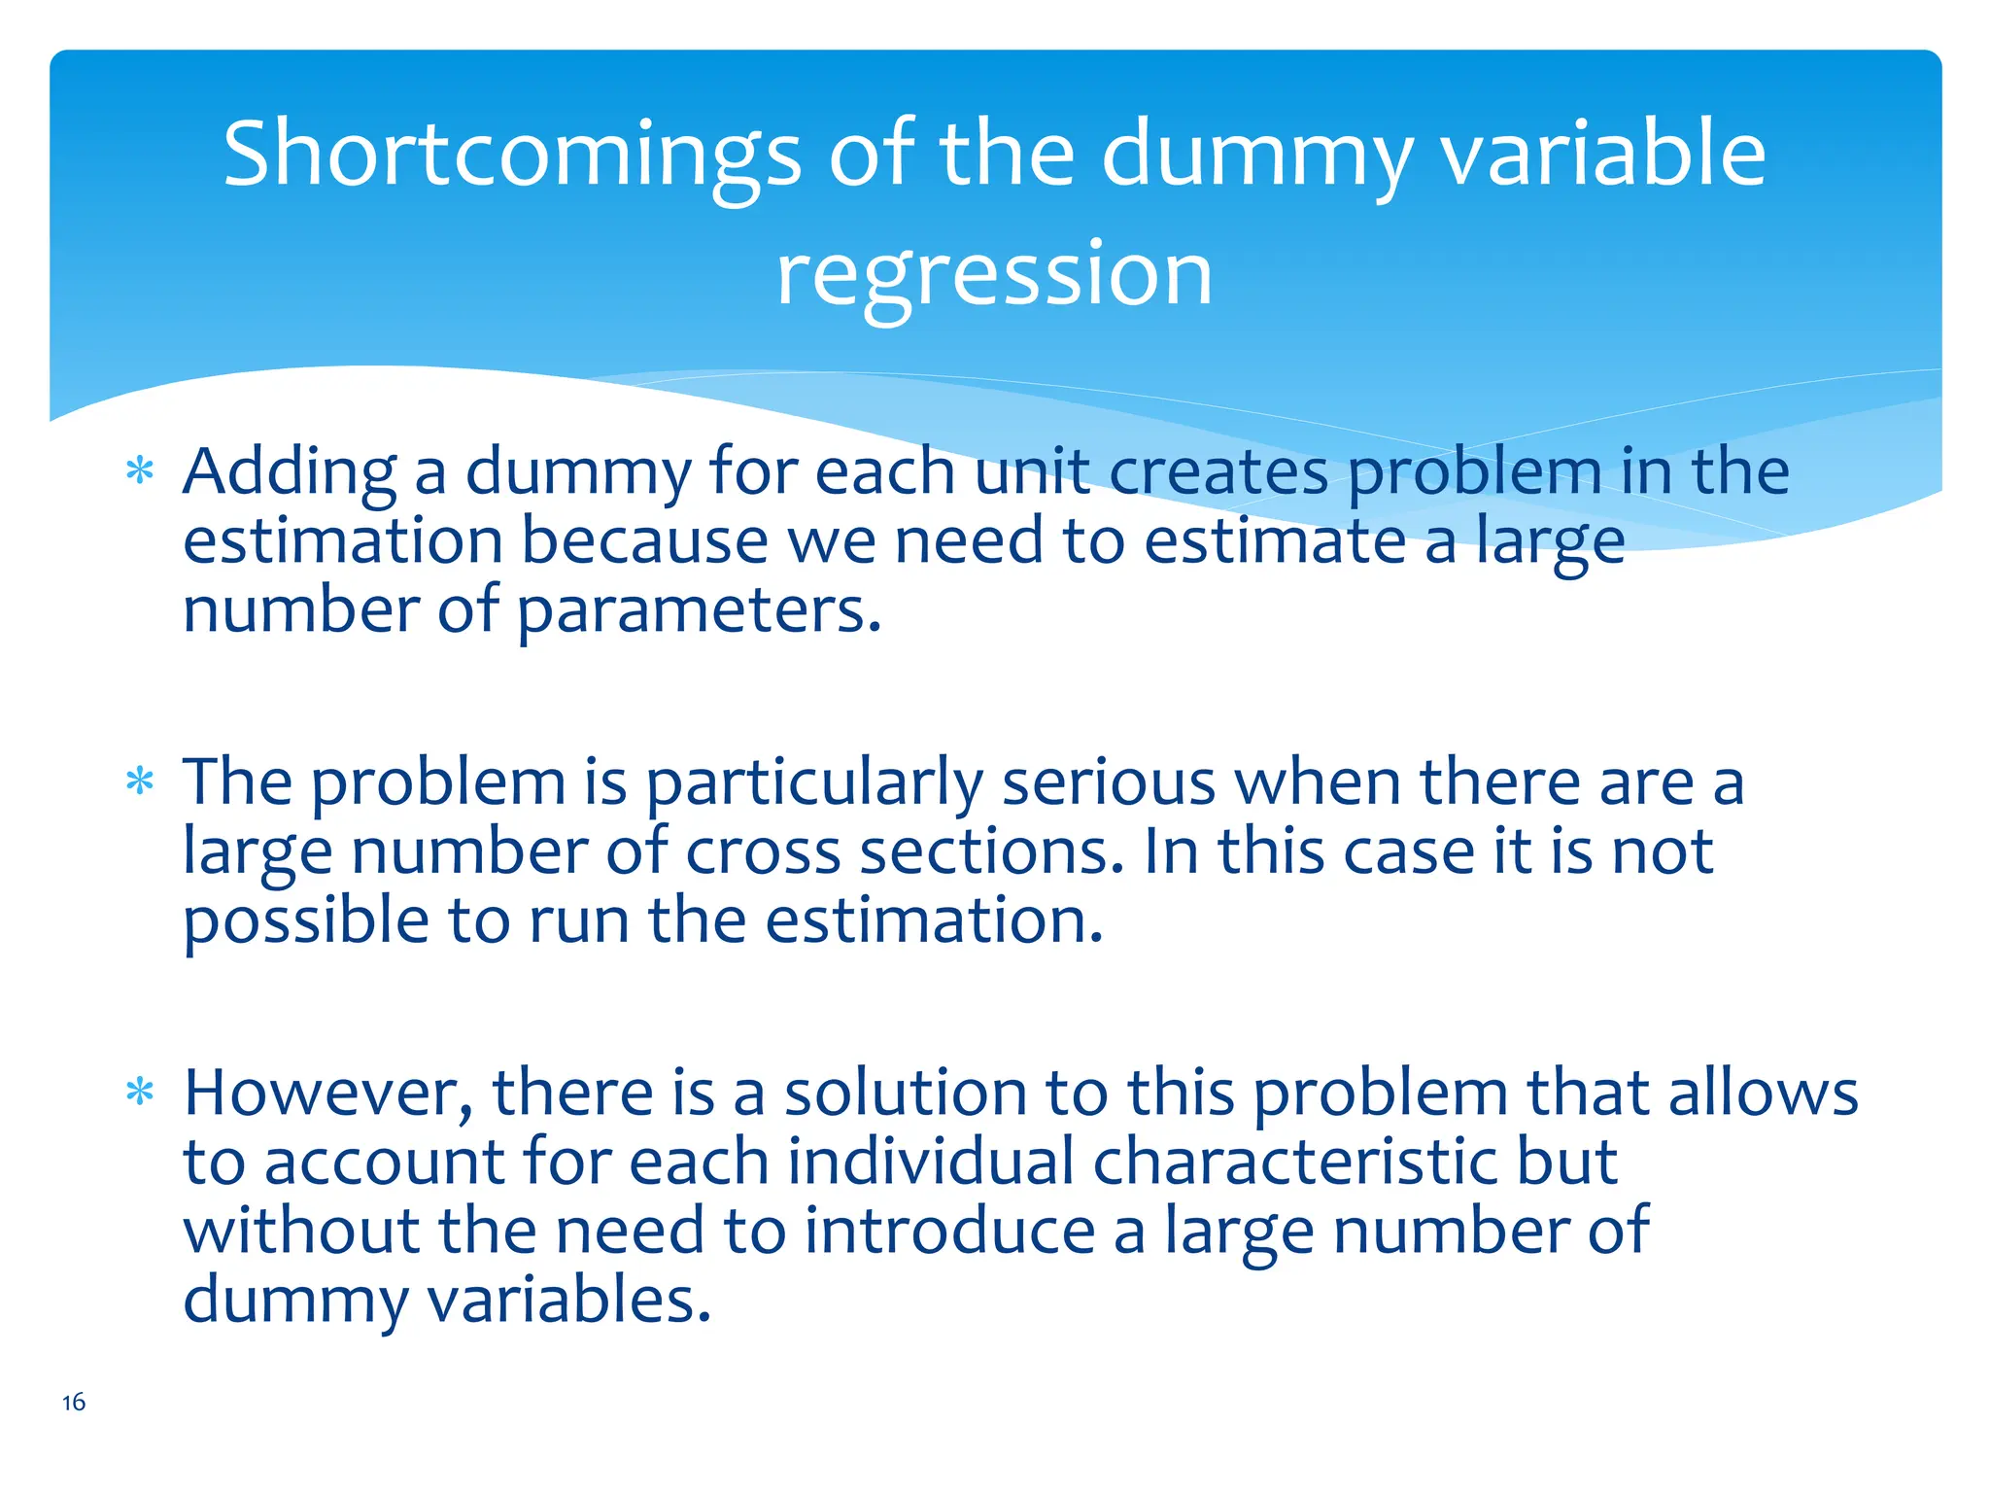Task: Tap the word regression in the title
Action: (994, 275)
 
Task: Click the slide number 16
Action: (74, 1402)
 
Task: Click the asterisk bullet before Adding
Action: (140, 471)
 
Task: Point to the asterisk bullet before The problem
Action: (140, 781)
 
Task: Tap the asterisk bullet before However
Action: (140, 1093)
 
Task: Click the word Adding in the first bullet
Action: (290, 473)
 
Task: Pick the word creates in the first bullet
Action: (1218, 473)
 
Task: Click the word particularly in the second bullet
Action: (814, 784)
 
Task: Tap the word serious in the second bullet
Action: (1109, 782)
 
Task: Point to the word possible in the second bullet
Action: (306, 921)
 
